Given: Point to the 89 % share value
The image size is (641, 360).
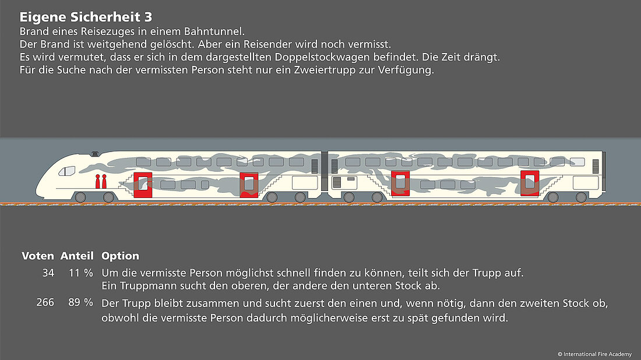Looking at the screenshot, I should tap(80, 303).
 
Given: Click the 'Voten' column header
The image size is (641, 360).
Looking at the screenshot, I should tap(38, 256).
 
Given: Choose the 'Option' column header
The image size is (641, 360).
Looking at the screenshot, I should tap(120, 256).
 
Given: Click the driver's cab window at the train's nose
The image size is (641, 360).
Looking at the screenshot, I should tap(68, 171).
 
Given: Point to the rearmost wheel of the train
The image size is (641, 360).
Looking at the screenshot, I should tap(580, 197).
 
